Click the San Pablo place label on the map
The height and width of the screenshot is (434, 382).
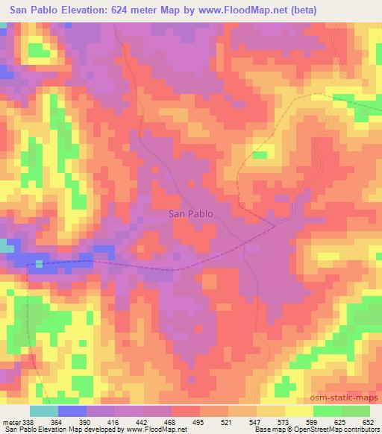192,213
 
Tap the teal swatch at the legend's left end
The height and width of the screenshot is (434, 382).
44,412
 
